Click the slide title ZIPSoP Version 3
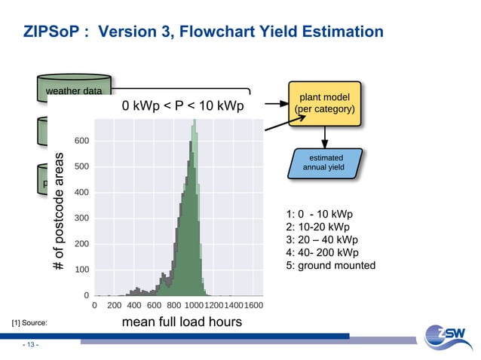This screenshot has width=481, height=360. (203, 32)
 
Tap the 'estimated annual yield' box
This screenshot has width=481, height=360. (325, 163)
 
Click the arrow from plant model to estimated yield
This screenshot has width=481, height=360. (325, 136)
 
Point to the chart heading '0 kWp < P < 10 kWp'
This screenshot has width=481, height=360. (183, 106)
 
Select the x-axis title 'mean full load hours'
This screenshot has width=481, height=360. (182, 322)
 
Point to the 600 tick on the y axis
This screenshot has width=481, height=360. (83, 141)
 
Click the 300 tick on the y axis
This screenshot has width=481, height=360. (83, 218)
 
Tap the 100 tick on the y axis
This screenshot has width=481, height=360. (83, 270)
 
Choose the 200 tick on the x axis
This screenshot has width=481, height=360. (115, 306)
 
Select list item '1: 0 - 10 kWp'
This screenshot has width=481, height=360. (320, 214)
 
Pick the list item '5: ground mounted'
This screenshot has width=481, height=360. (331, 265)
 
